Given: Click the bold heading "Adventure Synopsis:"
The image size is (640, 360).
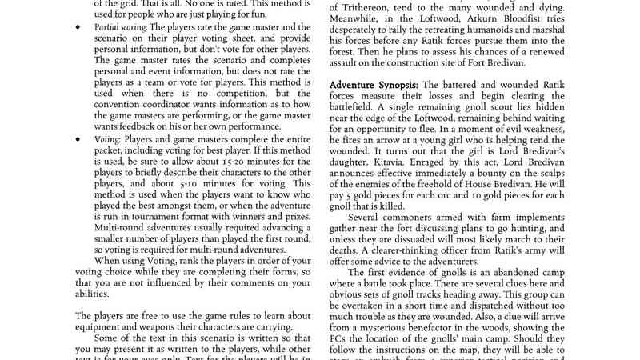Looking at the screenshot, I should coord(373,85).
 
